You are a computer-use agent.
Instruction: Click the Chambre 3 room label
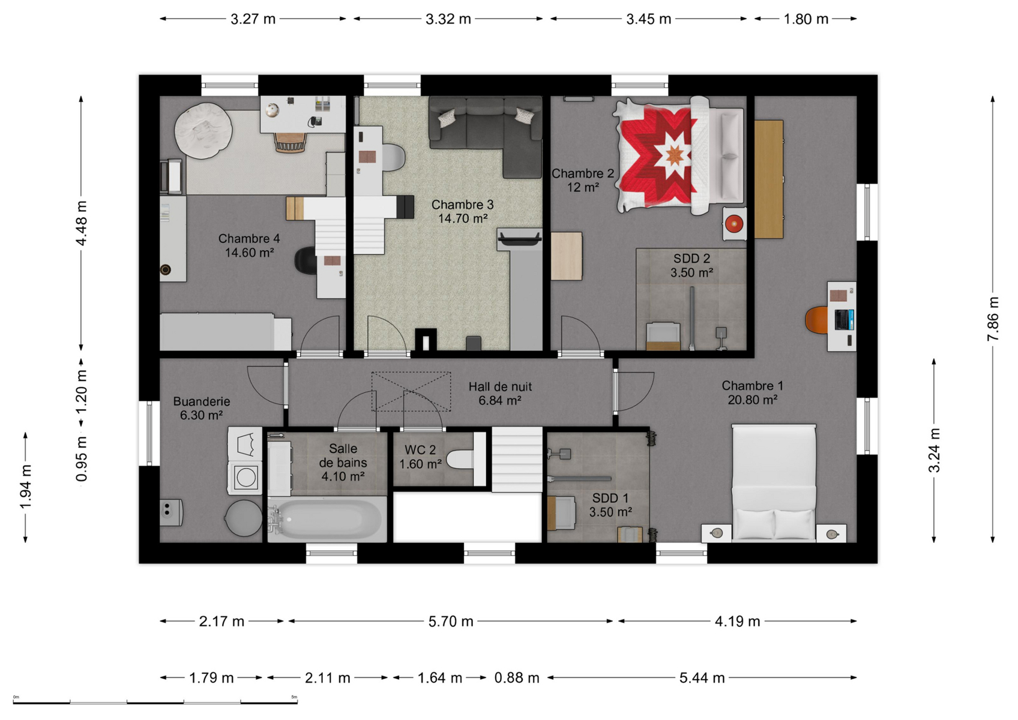[462, 211]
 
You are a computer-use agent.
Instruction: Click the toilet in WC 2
[460, 459]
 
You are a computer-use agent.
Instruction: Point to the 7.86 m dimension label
[993, 319]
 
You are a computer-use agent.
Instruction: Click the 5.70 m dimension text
[451, 622]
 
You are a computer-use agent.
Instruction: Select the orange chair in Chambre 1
[817, 320]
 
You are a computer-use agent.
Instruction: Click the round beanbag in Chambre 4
[203, 131]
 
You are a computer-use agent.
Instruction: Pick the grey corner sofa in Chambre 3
[486, 132]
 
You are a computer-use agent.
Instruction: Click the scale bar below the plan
[155, 702]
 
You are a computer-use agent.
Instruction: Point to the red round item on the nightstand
[734, 223]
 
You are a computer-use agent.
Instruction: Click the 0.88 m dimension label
[517, 678]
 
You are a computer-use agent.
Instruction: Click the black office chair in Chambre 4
[306, 261]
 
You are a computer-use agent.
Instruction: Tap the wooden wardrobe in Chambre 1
[769, 179]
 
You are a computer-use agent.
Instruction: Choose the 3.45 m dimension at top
[648, 19]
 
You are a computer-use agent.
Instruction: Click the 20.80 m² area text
[752, 400]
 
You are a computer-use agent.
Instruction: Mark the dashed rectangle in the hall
[411, 392]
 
